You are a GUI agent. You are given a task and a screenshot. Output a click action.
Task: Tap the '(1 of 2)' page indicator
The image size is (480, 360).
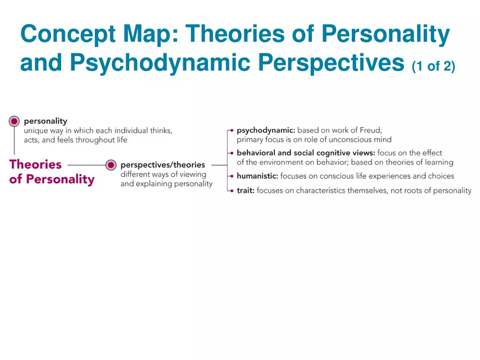pos(434,66)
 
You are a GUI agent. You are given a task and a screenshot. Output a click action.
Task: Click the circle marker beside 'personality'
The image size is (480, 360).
pos(14,122)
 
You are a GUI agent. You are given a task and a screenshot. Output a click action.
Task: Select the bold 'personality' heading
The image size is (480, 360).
pos(46,121)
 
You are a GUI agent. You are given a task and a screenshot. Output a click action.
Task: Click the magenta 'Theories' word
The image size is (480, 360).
pos(35,164)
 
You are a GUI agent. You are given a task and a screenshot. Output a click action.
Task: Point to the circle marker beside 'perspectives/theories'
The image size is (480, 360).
pos(111,165)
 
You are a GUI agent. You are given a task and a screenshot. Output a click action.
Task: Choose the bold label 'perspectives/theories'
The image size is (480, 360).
pos(163,165)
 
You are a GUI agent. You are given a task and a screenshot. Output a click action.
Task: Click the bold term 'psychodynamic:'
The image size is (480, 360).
pos(266,131)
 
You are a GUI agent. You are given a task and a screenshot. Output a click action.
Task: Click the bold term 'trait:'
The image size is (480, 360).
pos(245,191)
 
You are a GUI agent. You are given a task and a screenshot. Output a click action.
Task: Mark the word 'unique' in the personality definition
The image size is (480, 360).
pos(35,131)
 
